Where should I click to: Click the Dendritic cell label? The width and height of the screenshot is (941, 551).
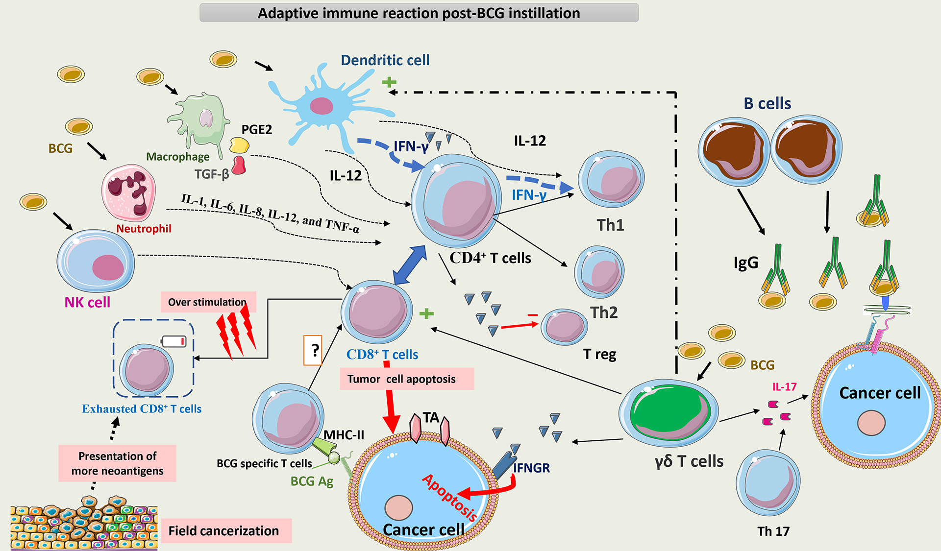tap(385, 60)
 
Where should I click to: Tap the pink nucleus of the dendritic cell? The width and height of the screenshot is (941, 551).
tap(322, 106)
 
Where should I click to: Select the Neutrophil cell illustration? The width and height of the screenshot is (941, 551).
tap(129, 193)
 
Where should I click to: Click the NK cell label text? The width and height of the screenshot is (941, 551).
tap(87, 302)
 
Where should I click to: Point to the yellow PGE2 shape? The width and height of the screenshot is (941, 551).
tap(239, 145)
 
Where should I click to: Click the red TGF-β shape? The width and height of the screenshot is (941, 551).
tap(239, 165)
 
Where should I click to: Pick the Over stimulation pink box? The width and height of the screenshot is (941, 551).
tap(208, 302)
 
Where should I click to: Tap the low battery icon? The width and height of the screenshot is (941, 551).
tap(174, 341)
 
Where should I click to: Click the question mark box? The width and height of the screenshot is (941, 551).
tap(313, 350)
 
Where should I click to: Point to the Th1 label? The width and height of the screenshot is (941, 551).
tap(610, 225)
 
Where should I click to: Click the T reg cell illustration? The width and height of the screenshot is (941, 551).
tap(564, 326)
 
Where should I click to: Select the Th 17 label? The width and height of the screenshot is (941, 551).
tap(773, 531)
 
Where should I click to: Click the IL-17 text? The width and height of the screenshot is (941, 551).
tap(784, 387)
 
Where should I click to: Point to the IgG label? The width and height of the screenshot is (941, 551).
tap(745, 263)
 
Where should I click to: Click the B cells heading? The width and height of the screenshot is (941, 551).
tap(767, 104)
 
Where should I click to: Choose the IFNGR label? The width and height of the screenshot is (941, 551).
tap(531, 468)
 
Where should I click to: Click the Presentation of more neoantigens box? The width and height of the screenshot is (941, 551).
tap(117, 463)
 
